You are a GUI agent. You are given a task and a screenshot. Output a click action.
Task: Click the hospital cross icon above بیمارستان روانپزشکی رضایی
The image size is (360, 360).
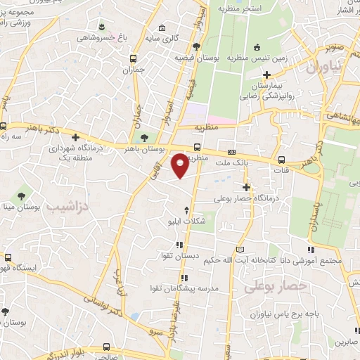[x=266, y=75]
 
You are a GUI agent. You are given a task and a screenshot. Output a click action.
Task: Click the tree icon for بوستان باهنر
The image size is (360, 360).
[x=144, y=138]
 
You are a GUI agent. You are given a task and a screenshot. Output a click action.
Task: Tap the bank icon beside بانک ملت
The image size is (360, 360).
[x=231, y=153]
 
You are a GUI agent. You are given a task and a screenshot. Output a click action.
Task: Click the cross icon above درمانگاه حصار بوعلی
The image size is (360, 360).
[x=245, y=186]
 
